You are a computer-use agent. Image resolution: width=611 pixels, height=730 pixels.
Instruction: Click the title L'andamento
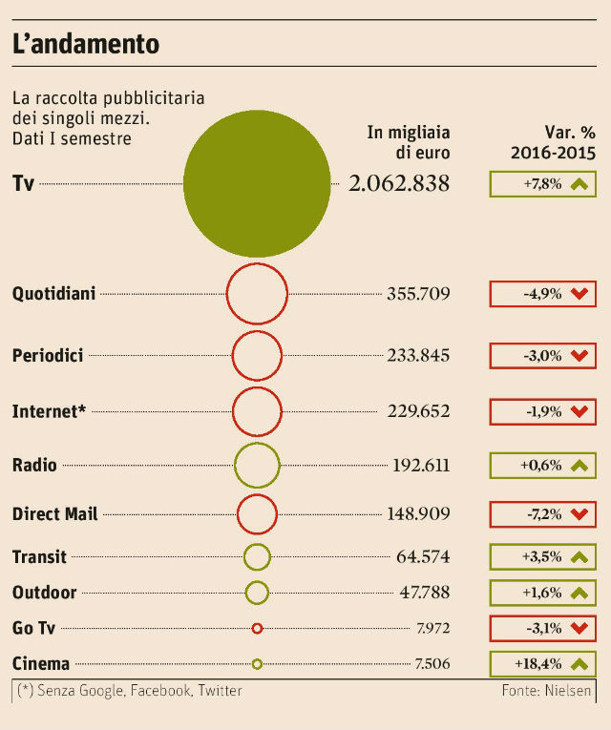pyautogui.click(x=85, y=44)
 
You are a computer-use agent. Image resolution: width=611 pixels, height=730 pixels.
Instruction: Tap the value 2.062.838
pyautogui.click(x=399, y=183)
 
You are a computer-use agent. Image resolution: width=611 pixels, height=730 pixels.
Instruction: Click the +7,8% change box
pyautogui.click(x=542, y=183)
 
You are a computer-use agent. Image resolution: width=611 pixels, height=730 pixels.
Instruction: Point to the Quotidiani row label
pyautogui.click(x=53, y=294)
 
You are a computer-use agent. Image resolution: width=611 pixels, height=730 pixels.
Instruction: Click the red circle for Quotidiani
pyautogui.click(x=257, y=294)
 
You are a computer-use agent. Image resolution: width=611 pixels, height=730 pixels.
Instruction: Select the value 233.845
pyautogui.click(x=418, y=356)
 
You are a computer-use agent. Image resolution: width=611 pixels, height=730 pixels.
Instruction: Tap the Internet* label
pyautogui.click(x=49, y=412)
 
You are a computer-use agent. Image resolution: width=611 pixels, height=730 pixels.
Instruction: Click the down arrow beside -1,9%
pyautogui.click(x=578, y=412)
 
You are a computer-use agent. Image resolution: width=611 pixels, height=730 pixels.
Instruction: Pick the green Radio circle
pyautogui.click(x=257, y=466)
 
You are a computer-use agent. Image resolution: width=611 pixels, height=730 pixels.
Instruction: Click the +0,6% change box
pyautogui.click(x=542, y=466)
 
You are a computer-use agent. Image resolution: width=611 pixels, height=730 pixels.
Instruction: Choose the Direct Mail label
pyautogui.click(x=54, y=514)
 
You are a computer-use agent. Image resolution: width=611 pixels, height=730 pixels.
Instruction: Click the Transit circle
pyautogui.click(x=257, y=556)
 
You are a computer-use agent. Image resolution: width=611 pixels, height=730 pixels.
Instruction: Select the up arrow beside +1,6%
pyautogui.click(x=578, y=593)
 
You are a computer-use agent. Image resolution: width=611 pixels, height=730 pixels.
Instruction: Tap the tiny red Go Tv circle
pyautogui.click(x=257, y=628)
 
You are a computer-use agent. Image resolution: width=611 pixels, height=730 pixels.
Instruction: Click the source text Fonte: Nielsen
pyautogui.click(x=546, y=691)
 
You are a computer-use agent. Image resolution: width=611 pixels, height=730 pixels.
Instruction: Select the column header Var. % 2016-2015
pyautogui.click(x=553, y=142)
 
